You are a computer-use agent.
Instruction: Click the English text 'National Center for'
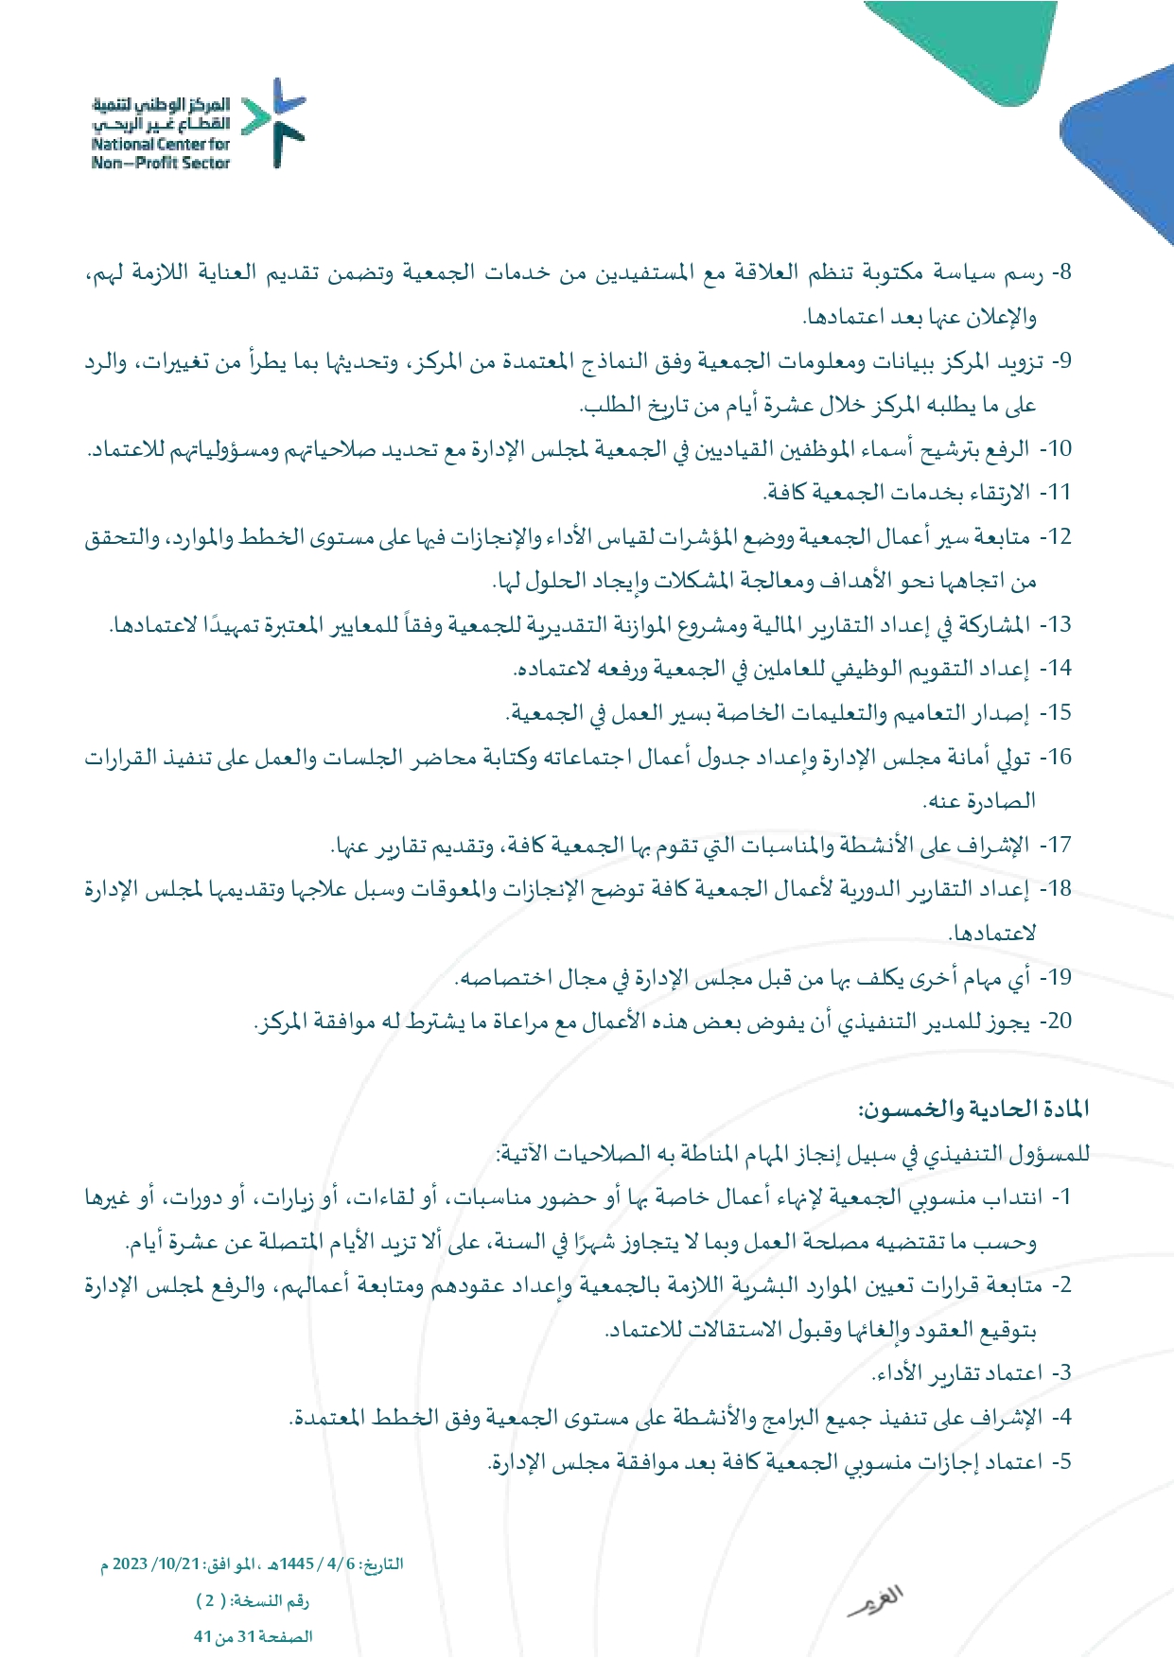pyautogui.click(x=161, y=145)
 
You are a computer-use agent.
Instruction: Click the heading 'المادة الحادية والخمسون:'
pyautogui.click(x=973, y=1109)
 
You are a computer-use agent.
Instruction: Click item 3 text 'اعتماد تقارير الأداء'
pyautogui.click(x=955, y=1372)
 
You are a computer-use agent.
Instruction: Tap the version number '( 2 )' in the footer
pyautogui.click(x=211, y=1601)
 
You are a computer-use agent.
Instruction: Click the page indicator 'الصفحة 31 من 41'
pyautogui.click(x=253, y=1637)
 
